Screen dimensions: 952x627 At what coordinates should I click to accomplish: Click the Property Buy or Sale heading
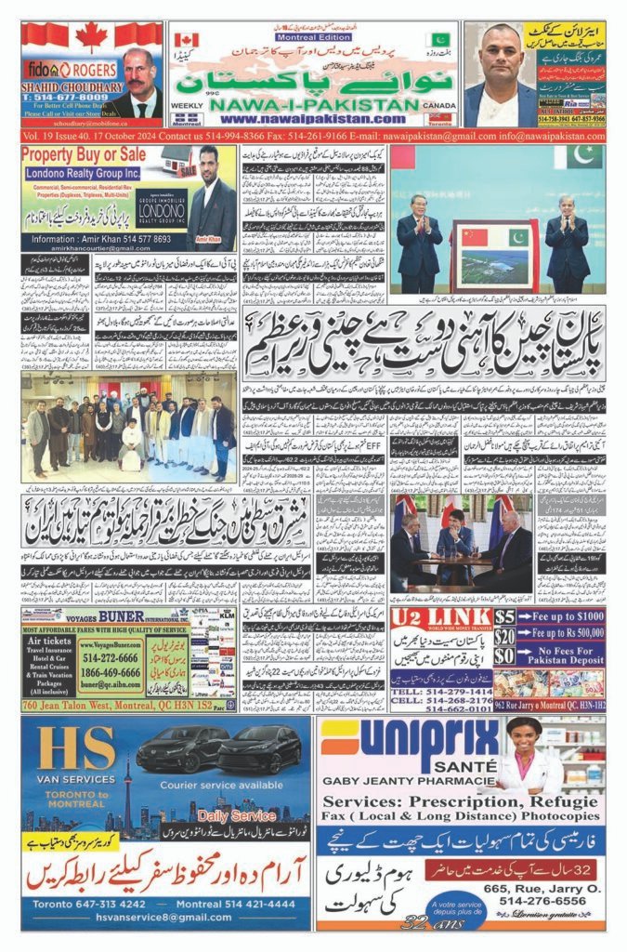pos(83,153)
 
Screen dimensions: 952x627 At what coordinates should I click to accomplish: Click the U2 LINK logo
pos(428,618)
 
